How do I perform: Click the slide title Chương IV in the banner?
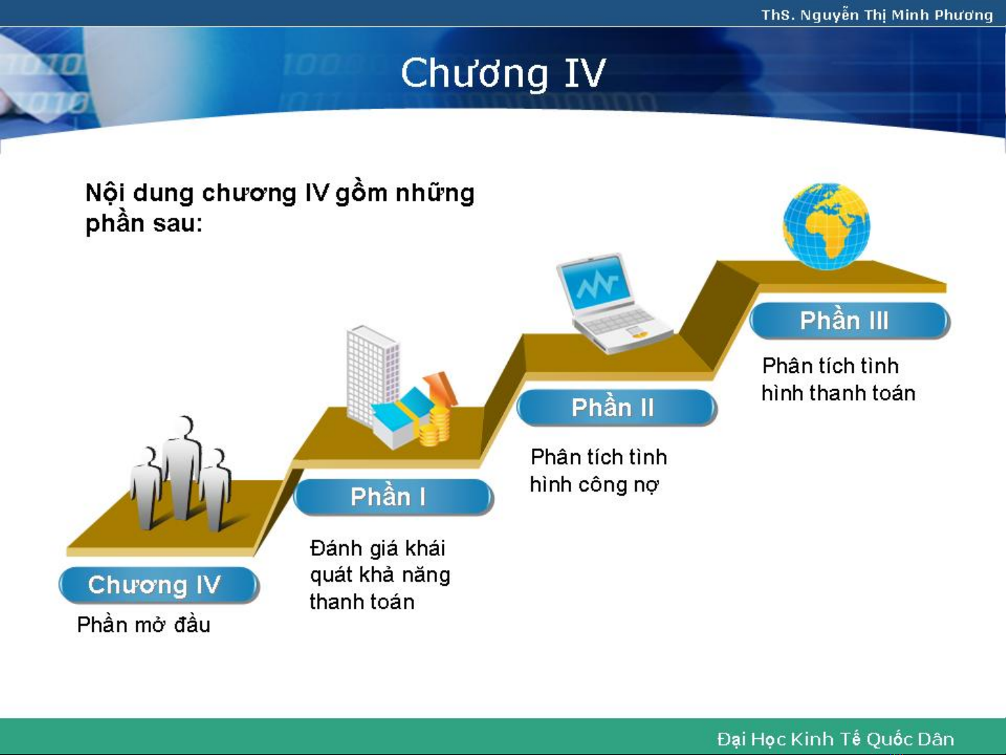point(503,74)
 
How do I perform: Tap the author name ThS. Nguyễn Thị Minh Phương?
point(877,15)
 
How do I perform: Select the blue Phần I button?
point(393,497)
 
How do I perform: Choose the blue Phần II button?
point(616,407)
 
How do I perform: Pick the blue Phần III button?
point(849,321)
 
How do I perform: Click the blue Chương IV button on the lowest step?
point(158,585)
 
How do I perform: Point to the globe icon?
point(827,226)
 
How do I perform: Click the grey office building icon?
point(372,374)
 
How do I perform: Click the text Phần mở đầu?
point(143,625)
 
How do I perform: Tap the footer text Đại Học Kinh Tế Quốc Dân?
point(835,739)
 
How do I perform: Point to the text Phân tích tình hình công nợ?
point(598,471)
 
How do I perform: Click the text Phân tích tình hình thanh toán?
point(838,379)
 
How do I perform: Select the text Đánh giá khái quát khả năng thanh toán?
point(380,575)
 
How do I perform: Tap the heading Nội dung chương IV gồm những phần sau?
point(279,208)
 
